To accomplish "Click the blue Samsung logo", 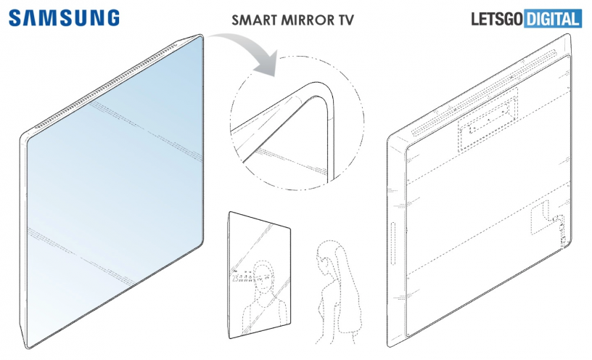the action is [x=64, y=17].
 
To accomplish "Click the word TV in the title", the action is [x=346, y=20].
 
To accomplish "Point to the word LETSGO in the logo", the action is [x=497, y=19].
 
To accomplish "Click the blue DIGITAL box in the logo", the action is [x=553, y=19].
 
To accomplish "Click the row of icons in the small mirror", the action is [x=242, y=279].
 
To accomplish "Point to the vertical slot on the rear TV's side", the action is [x=392, y=245].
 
